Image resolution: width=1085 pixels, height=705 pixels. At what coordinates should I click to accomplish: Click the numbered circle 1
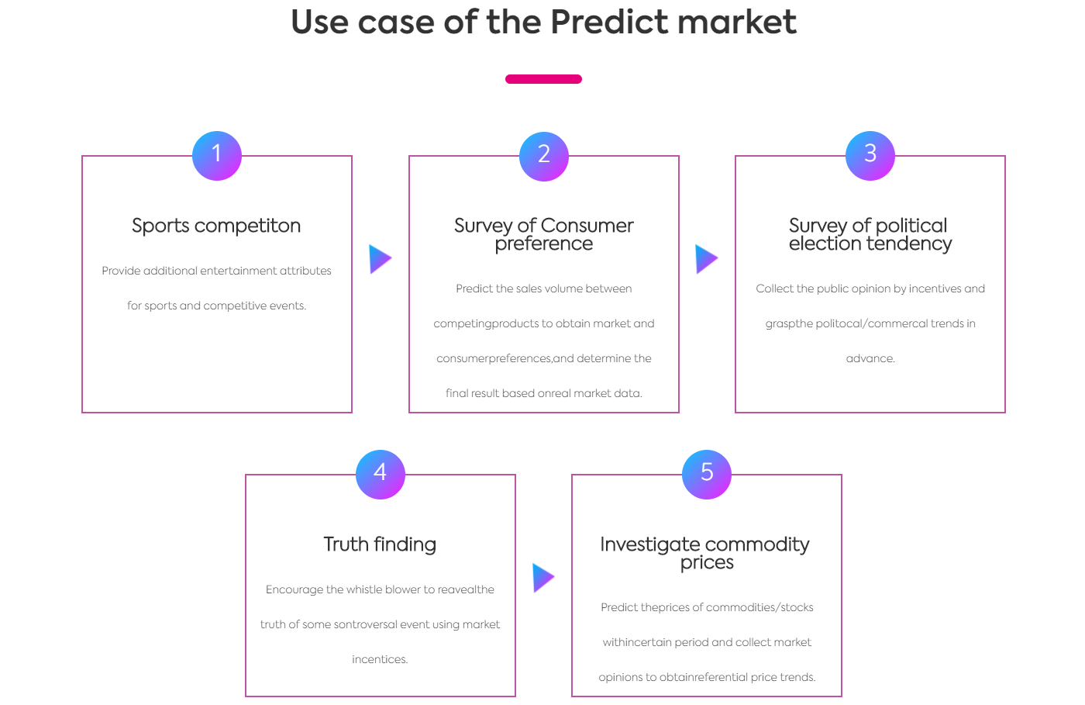pos(216,156)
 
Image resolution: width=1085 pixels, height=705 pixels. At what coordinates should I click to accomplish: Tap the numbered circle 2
pos(543,156)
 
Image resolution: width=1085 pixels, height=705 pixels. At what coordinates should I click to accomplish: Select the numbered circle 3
pos(870,156)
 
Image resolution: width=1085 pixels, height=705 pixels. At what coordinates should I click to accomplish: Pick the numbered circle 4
pos(381,474)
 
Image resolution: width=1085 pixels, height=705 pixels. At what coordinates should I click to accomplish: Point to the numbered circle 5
pos(707,474)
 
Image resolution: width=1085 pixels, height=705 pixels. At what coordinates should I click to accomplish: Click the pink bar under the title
pos(543,79)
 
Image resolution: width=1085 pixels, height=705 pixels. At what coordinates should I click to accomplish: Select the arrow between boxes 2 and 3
pos(707,259)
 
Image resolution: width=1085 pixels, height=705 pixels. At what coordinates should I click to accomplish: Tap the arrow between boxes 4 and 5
pos(543,578)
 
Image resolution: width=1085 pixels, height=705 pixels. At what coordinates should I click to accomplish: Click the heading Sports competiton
pos(216,226)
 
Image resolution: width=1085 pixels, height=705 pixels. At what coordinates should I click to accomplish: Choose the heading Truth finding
pos(381,544)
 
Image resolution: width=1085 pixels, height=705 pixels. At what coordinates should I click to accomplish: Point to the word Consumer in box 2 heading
pos(587,226)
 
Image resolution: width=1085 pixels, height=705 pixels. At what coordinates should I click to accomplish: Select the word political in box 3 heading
pos(911,226)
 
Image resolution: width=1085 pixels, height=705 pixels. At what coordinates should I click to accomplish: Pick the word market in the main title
pos(737,22)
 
